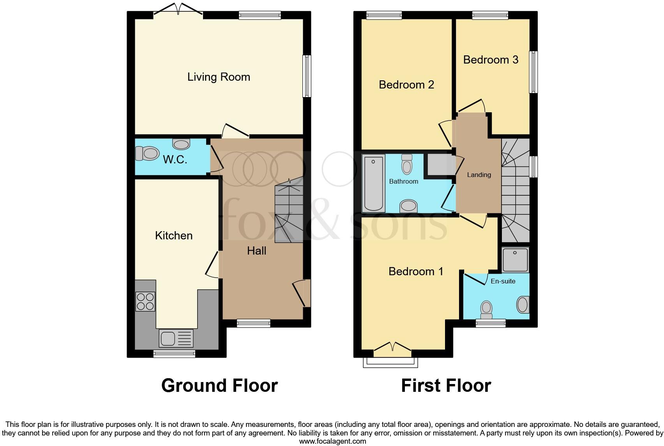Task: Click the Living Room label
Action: tap(219, 77)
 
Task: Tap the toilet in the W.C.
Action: tap(147, 153)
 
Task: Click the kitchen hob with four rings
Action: tap(145, 301)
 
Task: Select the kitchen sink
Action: tap(176, 338)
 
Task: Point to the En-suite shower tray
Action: tap(515, 260)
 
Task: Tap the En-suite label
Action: tap(503, 281)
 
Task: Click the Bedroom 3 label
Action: tap(491, 60)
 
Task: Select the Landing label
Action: tap(479, 175)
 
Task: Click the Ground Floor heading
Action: tap(219, 386)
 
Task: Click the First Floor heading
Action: tap(446, 386)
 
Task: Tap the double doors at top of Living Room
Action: tap(178, 11)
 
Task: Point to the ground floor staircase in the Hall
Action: tap(289, 213)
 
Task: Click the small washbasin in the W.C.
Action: tap(181, 145)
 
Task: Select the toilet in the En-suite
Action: tap(486, 308)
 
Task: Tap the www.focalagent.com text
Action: tap(332, 441)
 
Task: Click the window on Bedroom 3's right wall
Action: tap(533, 72)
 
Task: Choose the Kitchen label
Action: tap(174, 235)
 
